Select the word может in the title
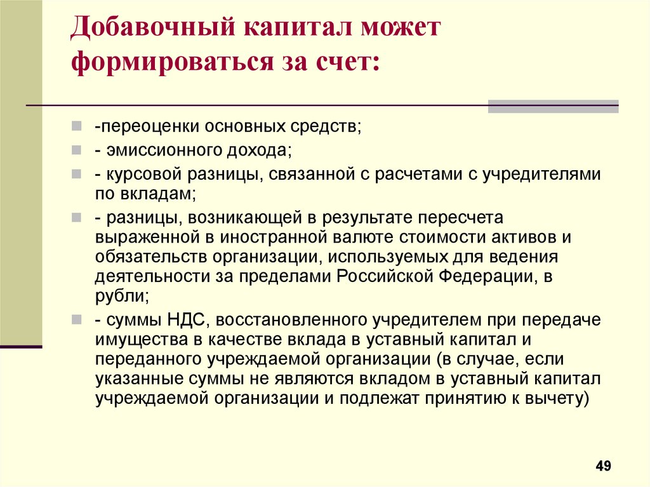pyautogui.click(x=401, y=29)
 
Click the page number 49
pyautogui.click(x=603, y=466)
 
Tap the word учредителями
pyautogui.click(x=541, y=174)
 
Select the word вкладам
pyautogui.click(x=158, y=194)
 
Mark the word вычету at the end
pyautogui.click(x=556, y=399)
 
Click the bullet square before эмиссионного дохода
pyautogui.click(x=77, y=149)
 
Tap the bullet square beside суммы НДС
pyautogui.click(x=77, y=319)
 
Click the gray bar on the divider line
pyautogui.click(x=553, y=106)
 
